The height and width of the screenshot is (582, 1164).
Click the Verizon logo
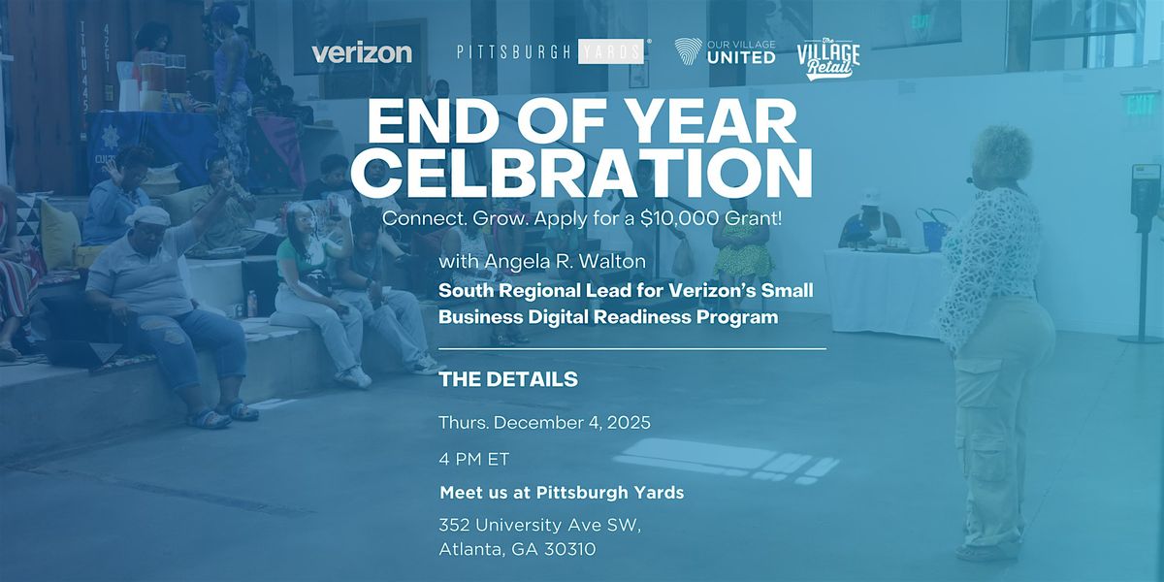361,53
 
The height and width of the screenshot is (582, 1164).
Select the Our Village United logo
725,52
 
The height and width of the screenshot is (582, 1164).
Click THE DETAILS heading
508,379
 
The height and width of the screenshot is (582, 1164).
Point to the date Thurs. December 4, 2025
544,423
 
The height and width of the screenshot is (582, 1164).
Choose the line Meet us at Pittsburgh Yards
562,493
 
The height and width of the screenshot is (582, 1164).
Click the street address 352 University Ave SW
540,526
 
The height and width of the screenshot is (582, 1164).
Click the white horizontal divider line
632,348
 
